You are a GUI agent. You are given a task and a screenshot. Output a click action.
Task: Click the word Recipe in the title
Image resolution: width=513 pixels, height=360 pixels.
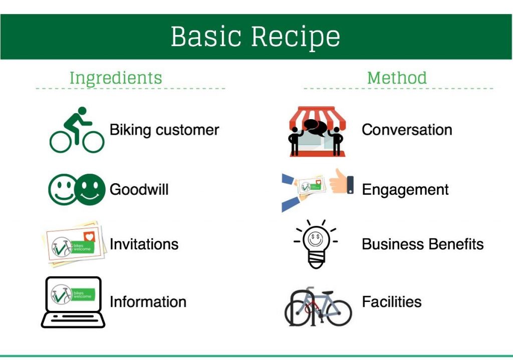296,37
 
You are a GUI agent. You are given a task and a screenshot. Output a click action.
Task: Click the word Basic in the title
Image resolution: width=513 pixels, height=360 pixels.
206,36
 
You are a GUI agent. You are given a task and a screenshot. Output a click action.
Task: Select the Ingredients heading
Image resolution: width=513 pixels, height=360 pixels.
116,78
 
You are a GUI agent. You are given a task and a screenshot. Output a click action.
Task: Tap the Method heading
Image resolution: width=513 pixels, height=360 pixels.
397,78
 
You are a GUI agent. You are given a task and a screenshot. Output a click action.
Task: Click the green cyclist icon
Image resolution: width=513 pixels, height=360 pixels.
77,130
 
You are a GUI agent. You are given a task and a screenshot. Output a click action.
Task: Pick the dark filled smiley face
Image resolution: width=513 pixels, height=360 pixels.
90,190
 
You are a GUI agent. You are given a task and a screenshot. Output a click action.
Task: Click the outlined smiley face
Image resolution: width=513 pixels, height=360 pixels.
63,190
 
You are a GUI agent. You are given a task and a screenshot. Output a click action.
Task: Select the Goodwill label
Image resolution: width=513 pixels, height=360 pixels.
139,190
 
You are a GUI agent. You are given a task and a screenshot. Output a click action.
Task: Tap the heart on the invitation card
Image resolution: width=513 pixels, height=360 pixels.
89,236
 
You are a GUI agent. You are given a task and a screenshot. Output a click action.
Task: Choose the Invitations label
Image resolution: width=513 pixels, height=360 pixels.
144,244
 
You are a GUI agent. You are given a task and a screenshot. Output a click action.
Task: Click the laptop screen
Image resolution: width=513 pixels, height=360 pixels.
73,294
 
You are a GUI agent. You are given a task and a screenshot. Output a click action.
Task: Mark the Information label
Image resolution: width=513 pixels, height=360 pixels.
148,302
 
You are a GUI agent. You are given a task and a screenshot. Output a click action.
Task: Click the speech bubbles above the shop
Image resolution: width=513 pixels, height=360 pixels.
316,127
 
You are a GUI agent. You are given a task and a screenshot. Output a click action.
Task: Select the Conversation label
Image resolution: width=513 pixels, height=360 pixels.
407,130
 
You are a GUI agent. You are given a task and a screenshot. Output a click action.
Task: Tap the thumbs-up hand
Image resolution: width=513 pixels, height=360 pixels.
341,182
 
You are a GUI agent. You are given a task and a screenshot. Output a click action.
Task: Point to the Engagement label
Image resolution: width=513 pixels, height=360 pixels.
405,190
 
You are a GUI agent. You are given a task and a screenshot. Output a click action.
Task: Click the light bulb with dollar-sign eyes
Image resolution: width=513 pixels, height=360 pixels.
316,244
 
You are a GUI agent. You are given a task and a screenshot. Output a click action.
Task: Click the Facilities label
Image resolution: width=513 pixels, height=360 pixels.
392,302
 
